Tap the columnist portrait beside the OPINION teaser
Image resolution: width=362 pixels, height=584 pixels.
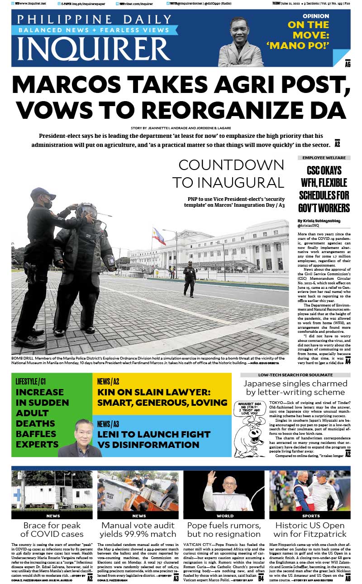click(247, 42)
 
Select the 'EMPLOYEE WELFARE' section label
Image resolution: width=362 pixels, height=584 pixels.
click(324, 157)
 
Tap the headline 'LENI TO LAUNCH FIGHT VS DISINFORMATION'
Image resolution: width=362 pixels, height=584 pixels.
click(154, 439)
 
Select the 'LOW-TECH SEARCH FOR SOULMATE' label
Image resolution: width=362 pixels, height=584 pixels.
click(295, 375)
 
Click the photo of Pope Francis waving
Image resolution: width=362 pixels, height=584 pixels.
click(224, 491)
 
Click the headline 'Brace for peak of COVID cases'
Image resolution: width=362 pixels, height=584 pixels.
click(52, 530)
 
